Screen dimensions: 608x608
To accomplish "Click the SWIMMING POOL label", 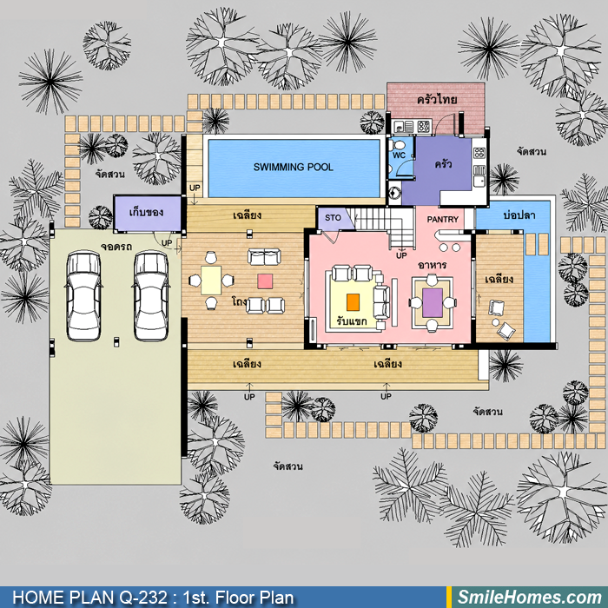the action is tap(294, 167).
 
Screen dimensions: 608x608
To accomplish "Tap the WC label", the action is tap(399, 155).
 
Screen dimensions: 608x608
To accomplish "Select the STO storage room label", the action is tap(333, 218).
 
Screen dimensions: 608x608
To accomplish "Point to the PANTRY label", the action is tap(442, 220).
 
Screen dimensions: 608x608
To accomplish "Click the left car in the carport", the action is tap(83, 296).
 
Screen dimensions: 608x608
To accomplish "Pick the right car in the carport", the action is tap(151, 296).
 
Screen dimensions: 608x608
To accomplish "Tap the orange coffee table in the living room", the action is tap(353, 302).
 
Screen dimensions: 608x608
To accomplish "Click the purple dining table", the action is tap(433, 302).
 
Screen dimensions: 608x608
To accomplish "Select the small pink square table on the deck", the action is tap(265, 281).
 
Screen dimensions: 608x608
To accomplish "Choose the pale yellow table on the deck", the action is tap(211, 280).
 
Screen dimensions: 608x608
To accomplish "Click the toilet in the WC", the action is tap(397, 145).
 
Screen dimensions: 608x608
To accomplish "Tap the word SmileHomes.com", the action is tap(530, 598).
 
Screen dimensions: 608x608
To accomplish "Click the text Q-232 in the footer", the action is tap(143, 598).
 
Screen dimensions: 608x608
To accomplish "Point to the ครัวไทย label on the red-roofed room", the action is tap(437, 99).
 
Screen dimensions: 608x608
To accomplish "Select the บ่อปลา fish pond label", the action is tap(519, 215).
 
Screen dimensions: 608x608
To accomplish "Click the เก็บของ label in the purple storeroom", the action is tap(146, 213).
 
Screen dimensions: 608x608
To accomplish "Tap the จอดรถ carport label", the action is tap(116, 247).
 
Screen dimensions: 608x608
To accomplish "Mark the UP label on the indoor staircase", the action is tap(401, 255).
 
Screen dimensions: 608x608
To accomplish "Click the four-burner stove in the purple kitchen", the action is tap(479, 153).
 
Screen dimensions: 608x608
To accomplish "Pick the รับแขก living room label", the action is tap(352, 321).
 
